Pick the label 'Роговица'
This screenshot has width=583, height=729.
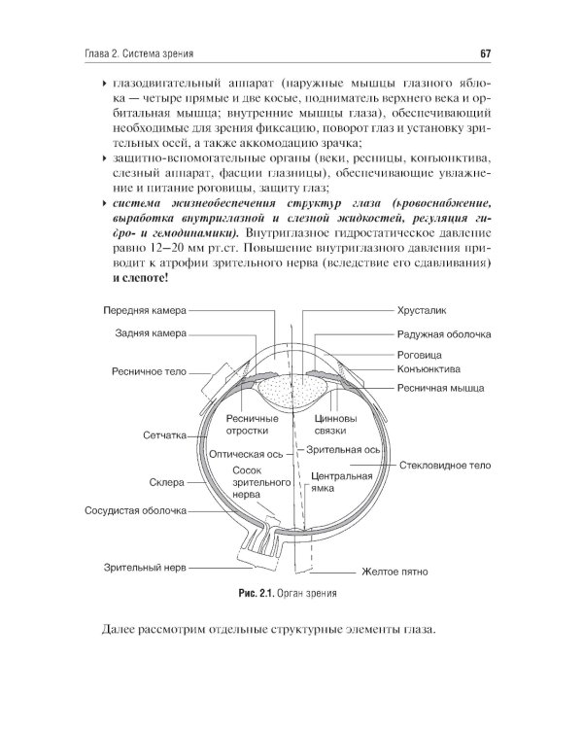point(420,355)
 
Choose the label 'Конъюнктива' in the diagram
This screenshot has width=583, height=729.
point(429,369)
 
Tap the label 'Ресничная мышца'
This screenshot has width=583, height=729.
point(440,388)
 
